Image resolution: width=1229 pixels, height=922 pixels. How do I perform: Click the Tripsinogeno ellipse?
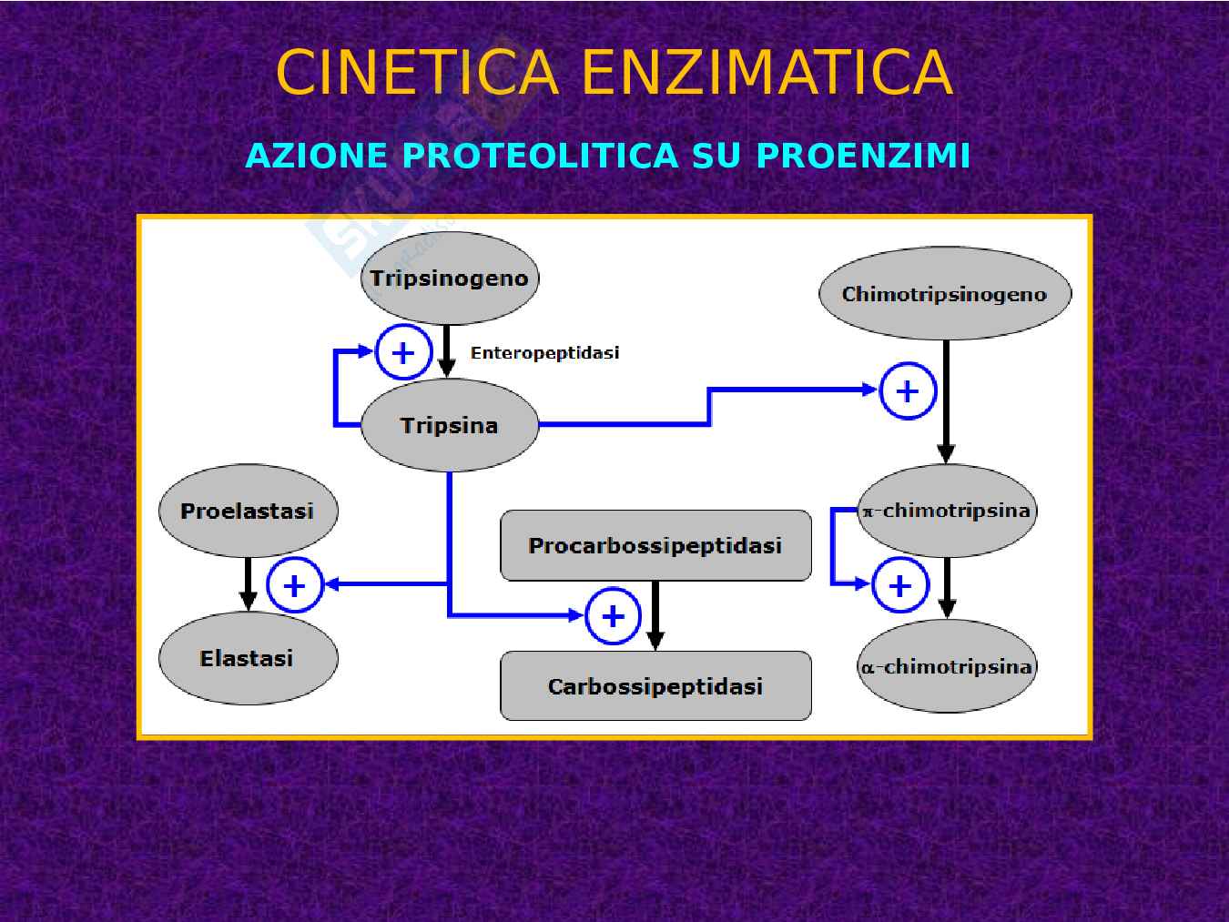(449, 279)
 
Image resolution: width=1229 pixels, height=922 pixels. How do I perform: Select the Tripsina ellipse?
(449, 425)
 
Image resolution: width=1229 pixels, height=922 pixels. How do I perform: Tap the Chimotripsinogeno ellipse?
(945, 294)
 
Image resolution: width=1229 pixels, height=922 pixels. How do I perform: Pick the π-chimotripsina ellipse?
(947, 511)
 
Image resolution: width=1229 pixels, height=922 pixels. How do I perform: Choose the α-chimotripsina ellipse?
(947, 666)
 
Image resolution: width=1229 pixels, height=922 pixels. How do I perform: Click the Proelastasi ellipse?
(248, 511)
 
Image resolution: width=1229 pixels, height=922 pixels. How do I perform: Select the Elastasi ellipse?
(248, 658)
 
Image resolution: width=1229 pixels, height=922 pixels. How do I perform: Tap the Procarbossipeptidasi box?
(655, 545)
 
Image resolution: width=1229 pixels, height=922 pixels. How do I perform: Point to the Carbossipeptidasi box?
(655, 686)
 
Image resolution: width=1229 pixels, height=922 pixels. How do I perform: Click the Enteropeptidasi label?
(544, 353)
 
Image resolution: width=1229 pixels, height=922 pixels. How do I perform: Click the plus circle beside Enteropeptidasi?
(403, 352)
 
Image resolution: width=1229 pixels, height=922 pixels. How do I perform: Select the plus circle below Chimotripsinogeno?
(908, 391)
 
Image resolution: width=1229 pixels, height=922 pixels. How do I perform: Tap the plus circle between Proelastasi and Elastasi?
(294, 585)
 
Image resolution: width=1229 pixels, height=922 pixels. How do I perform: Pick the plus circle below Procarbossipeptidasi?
(613, 616)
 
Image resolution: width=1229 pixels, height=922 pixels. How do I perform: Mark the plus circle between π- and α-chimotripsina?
(899, 585)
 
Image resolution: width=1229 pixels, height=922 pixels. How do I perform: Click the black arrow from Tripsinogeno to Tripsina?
(446, 351)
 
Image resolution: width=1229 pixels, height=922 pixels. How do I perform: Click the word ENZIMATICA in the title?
(767, 73)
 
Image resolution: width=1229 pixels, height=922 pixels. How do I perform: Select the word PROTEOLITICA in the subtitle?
(541, 156)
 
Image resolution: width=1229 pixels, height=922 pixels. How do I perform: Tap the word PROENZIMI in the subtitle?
(863, 156)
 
